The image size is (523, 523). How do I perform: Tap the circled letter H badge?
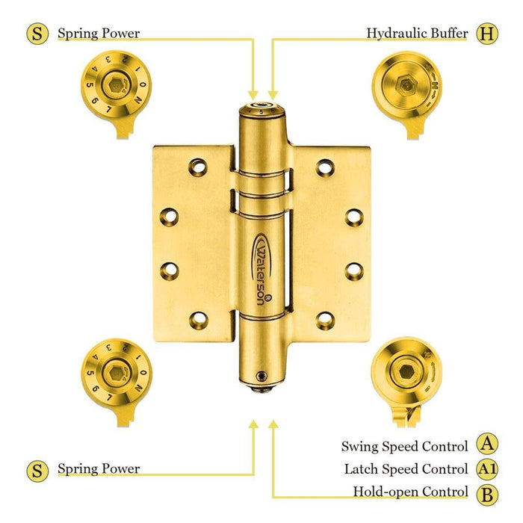(487, 34)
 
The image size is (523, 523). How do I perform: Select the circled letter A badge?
(486, 445)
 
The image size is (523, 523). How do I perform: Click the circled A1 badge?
(486, 469)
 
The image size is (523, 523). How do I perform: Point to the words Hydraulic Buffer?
(417, 34)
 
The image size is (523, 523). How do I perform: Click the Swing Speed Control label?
(404, 446)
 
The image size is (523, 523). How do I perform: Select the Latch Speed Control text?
(406, 469)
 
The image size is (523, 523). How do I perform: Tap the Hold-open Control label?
(410, 492)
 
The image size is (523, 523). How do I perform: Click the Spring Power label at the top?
(99, 34)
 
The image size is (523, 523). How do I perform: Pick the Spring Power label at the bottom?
(99, 469)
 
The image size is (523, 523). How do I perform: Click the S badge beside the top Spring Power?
(37, 34)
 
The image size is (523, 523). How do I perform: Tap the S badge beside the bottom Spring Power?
(37, 470)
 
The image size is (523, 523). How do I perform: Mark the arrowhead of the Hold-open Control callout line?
(273, 424)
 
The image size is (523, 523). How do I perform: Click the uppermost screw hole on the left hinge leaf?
(197, 164)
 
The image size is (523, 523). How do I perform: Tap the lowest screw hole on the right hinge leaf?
(325, 320)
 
